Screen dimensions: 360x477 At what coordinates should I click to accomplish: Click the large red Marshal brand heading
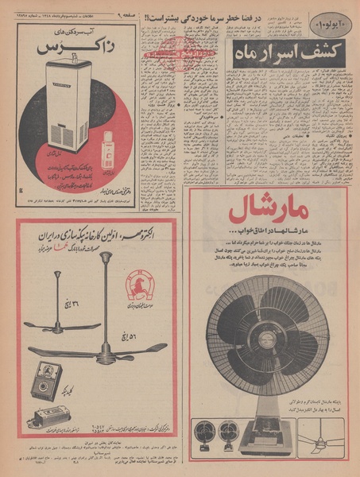[268, 212]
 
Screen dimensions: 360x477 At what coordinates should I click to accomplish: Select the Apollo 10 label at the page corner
[330, 17]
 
